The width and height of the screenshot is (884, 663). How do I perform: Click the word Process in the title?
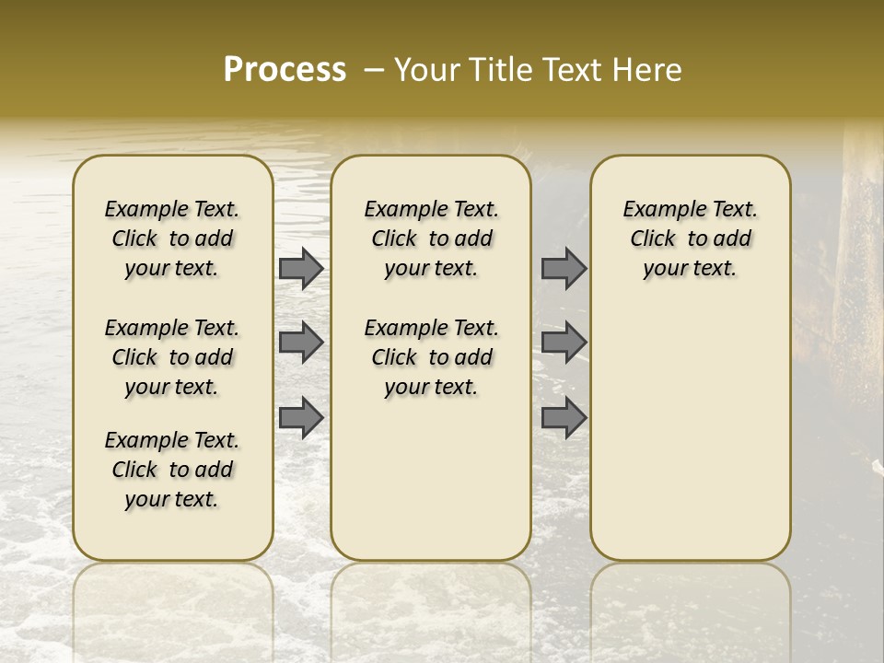pyautogui.click(x=285, y=70)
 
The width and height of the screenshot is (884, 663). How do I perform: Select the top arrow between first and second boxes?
pyautogui.click(x=300, y=269)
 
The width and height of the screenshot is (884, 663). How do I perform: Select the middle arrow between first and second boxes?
pyautogui.click(x=300, y=343)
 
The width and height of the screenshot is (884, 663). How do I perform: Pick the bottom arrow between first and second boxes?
pyautogui.click(x=300, y=418)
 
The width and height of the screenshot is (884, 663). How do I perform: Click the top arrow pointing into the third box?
pyautogui.click(x=564, y=269)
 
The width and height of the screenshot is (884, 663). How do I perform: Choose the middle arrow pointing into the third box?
pyautogui.click(x=564, y=343)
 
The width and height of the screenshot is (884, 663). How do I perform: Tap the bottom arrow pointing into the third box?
pyautogui.click(x=564, y=418)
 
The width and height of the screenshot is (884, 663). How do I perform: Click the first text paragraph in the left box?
pyautogui.click(x=172, y=238)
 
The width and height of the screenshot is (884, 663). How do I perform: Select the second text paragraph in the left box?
pyautogui.click(x=172, y=357)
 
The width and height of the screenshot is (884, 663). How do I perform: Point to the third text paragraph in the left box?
pyautogui.click(x=172, y=470)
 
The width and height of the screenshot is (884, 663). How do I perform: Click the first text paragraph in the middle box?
pyautogui.click(x=431, y=238)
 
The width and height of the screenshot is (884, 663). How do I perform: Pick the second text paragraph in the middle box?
pyautogui.click(x=431, y=357)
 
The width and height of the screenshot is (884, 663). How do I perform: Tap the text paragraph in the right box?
pyautogui.click(x=690, y=238)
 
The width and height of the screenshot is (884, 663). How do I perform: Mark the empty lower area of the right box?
pyautogui.click(x=690, y=433)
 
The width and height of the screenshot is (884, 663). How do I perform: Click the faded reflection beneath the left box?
pyautogui.click(x=172, y=599)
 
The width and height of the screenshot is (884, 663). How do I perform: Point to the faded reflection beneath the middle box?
pyautogui.click(x=431, y=599)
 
